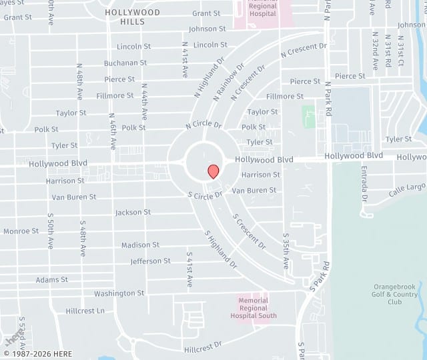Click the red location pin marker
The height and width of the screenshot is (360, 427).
click(x=213, y=171)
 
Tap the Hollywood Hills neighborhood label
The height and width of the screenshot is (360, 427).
click(x=132, y=17)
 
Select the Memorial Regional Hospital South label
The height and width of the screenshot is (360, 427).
click(x=254, y=308)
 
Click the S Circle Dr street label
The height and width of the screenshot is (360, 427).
click(x=205, y=195)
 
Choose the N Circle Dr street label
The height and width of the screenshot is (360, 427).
click(x=203, y=124)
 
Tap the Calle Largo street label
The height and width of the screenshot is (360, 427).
click(x=407, y=189)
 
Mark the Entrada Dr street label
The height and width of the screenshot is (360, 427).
click(x=364, y=186)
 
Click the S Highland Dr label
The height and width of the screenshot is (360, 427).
click(x=221, y=249)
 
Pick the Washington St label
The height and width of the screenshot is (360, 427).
click(x=119, y=293)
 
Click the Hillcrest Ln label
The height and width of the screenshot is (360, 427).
click(x=85, y=311)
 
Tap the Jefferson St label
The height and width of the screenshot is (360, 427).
click(x=150, y=261)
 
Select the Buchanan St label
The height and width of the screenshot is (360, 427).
click(x=125, y=63)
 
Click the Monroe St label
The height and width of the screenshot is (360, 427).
click(x=21, y=231)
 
